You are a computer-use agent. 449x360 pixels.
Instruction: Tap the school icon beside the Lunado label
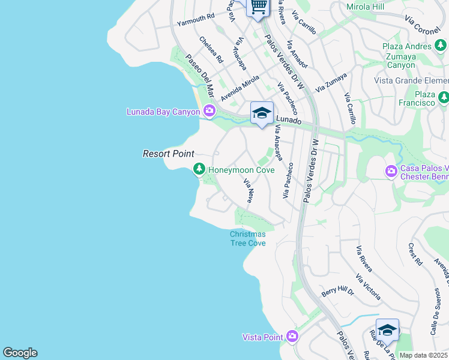coord(262,113)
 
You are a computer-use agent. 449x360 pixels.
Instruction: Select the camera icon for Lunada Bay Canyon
coord(209,110)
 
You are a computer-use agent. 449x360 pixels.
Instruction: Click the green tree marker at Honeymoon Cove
coord(199,170)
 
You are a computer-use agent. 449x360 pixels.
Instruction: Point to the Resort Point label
coord(168,154)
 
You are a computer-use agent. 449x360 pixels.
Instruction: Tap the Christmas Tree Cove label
coord(247,238)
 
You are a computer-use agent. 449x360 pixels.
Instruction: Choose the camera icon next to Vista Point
coord(292,335)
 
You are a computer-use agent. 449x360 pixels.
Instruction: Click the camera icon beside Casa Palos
coord(391,172)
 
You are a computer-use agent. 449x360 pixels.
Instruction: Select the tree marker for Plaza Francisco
coord(444,97)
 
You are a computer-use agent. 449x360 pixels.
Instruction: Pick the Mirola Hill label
coord(366,7)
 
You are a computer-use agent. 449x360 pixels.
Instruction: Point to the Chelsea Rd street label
coord(211,51)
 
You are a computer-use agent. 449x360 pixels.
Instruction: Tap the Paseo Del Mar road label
coord(200,76)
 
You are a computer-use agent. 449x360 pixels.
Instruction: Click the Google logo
coord(20,353)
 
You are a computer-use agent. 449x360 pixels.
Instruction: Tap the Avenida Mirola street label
coord(240,88)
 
